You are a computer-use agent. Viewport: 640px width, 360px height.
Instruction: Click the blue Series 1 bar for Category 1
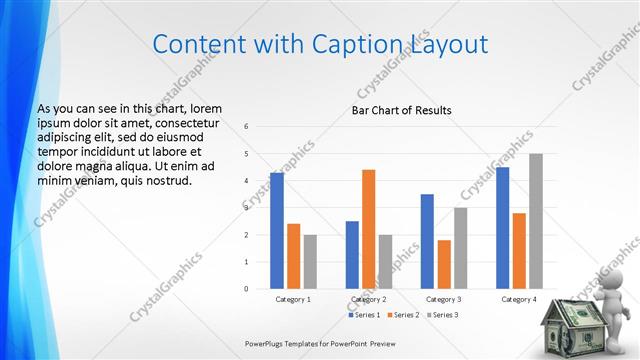point(277,231)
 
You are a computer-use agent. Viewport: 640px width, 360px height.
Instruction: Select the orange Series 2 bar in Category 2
point(368,229)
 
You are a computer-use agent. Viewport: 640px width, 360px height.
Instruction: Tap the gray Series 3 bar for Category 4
point(536,221)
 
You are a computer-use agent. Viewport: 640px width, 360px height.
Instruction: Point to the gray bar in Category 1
point(310,262)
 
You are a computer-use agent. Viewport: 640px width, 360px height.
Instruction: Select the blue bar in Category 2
point(352,255)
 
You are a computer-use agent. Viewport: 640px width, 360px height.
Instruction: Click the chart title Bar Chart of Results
point(401,110)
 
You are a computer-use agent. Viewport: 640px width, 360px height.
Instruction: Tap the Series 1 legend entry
point(365,315)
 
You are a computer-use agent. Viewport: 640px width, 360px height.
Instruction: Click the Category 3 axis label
point(443,299)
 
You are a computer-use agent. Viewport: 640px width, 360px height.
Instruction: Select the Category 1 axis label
point(293,299)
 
